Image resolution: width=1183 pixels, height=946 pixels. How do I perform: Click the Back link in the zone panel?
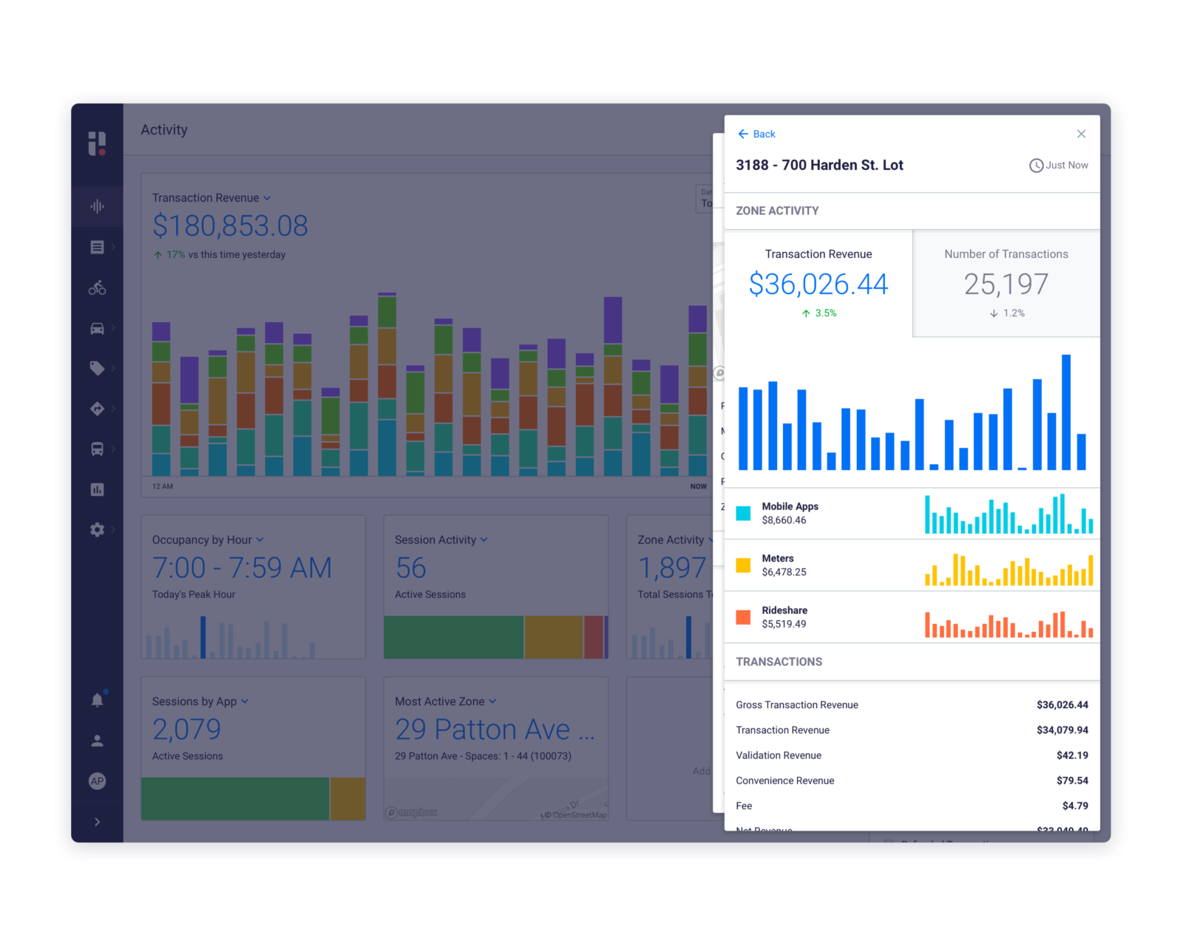point(756,134)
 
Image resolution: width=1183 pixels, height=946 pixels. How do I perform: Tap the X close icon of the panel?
point(1081,134)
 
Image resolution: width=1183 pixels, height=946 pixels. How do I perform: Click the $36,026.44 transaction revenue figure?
point(818,285)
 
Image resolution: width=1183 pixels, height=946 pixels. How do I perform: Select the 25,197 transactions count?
point(1006,285)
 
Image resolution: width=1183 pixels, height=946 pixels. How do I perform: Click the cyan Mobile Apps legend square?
point(743,513)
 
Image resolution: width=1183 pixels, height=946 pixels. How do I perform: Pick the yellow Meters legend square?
point(743,565)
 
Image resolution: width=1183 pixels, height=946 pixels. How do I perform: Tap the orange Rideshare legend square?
point(743,617)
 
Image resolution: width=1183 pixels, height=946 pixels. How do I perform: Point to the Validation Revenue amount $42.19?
point(1072,755)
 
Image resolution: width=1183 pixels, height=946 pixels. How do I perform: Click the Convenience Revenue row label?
point(784,780)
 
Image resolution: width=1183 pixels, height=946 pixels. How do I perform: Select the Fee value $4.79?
point(1075,806)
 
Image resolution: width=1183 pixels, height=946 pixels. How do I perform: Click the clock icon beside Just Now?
point(1036,166)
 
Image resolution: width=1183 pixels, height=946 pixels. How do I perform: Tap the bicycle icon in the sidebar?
point(97,287)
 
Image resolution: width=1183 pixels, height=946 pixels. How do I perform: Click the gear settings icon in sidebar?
point(97,529)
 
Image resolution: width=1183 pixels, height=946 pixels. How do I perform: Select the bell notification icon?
point(97,700)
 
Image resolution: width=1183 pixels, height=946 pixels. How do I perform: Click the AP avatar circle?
point(97,781)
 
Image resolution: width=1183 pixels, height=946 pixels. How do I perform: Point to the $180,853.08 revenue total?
point(230,226)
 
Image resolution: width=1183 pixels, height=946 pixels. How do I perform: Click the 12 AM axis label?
point(163,486)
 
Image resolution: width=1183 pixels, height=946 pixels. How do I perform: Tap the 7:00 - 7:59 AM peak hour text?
point(242,568)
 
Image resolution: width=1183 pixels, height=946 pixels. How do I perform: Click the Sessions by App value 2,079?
point(186,729)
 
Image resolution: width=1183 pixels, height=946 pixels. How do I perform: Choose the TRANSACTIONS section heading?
point(779,661)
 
